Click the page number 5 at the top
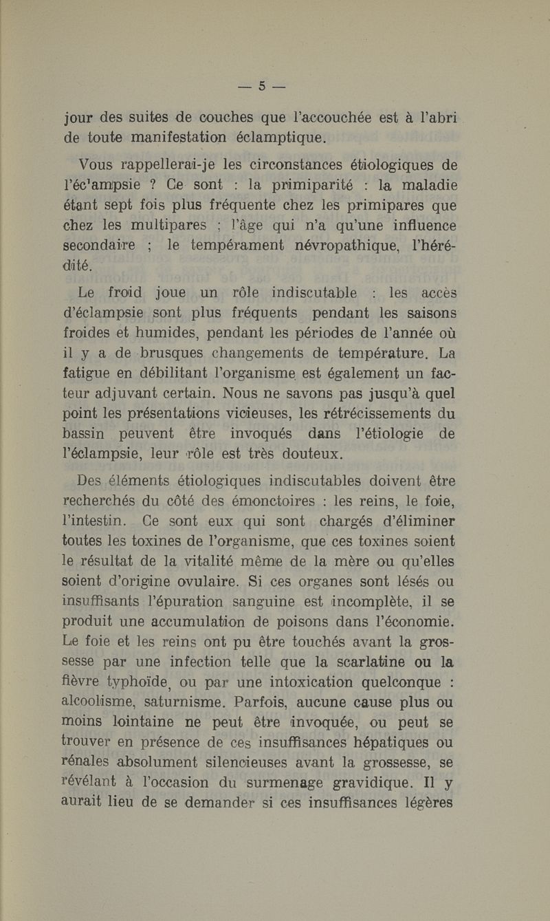[x=261, y=87]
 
